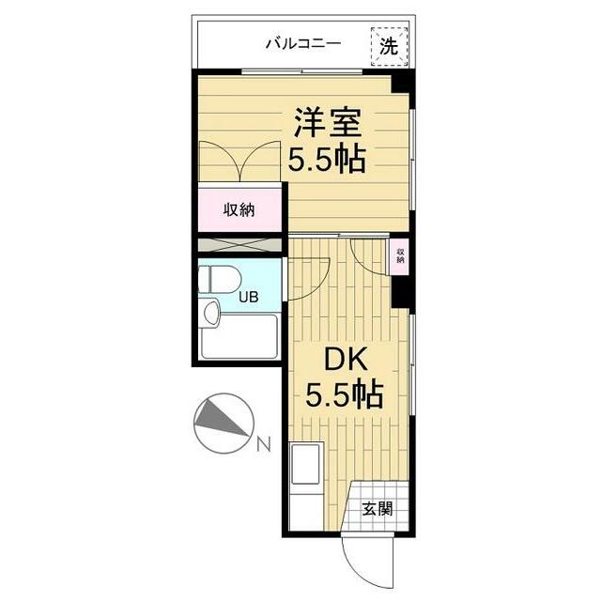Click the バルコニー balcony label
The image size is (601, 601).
(x=302, y=43)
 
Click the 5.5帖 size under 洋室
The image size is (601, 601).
(x=326, y=160)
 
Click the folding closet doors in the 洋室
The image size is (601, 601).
(x=239, y=162)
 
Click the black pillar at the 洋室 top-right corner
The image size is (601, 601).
(x=401, y=83)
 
